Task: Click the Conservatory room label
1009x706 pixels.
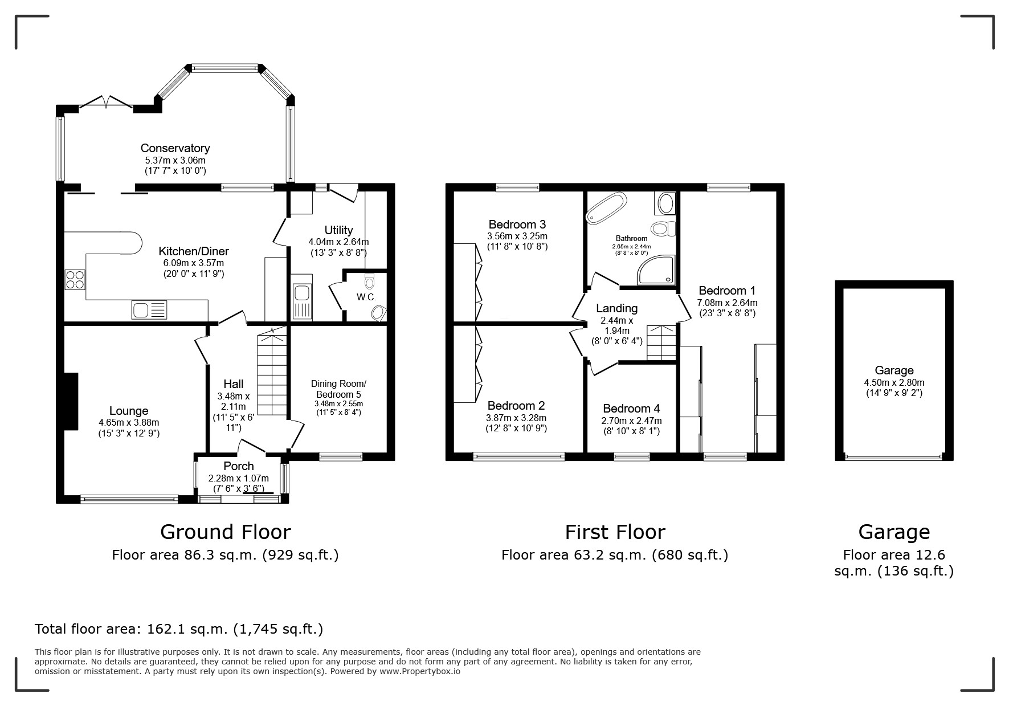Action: (x=175, y=148)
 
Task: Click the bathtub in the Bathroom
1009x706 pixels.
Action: (x=607, y=207)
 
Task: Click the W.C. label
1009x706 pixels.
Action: (x=366, y=297)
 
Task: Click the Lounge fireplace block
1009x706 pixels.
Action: (x=71, y=401)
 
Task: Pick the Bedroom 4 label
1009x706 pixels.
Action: (x=631, y=409)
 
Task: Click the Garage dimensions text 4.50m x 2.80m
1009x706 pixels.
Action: (x=894, y=382)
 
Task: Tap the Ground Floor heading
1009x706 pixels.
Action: (x=226, y=532)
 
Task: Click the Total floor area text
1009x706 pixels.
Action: (x=179, y=629)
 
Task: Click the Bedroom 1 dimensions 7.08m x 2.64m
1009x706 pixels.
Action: (x=727, y=303)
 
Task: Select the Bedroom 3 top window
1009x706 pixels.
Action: (x=517, y=187)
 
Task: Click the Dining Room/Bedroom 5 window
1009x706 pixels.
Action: (x=341, y=456)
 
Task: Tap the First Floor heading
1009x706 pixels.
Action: (x=615, y=532)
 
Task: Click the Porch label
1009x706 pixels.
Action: (x=238, y=466)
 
